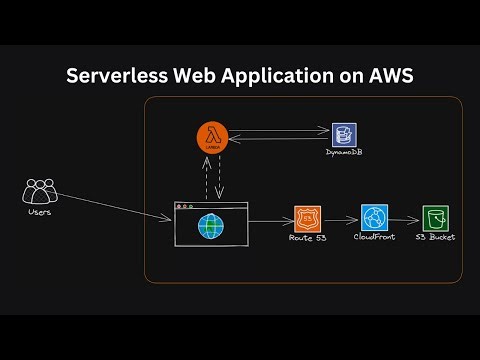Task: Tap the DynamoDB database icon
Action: [345, 135]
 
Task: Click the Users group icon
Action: [40, 189]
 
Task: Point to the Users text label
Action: [40, 211]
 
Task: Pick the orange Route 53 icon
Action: [306, 219]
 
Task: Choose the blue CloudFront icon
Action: [374, 218]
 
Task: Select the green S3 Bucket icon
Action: [435, 218]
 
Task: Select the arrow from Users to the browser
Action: [110, 204]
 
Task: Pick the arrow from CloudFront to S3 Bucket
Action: [404, 219]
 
